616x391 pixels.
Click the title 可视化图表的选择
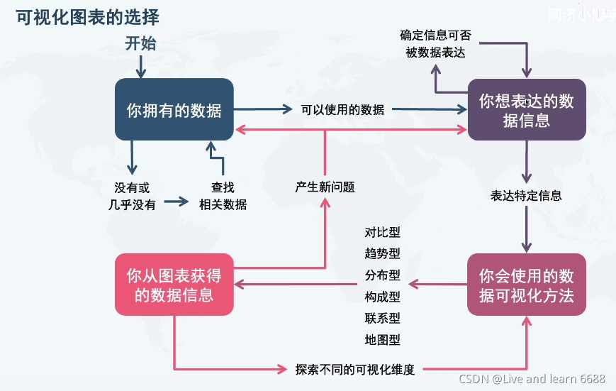87,16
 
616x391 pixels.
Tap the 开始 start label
140,43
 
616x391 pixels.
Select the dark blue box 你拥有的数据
174,109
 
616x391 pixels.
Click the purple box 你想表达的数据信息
527,110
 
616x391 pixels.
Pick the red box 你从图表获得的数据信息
174,285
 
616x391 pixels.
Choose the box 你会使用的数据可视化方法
527,285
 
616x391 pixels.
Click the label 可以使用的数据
342,109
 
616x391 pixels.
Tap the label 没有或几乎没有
132,196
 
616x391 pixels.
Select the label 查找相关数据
223,196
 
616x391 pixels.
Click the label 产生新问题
325,187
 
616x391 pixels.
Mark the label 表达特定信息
526,195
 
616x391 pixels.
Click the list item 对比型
383,232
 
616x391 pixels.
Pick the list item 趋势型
383,253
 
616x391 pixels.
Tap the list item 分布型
383,275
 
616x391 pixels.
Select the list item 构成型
383,297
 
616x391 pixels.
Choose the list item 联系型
383,318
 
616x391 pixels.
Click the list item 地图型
383,340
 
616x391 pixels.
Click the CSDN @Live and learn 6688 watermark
532,379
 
